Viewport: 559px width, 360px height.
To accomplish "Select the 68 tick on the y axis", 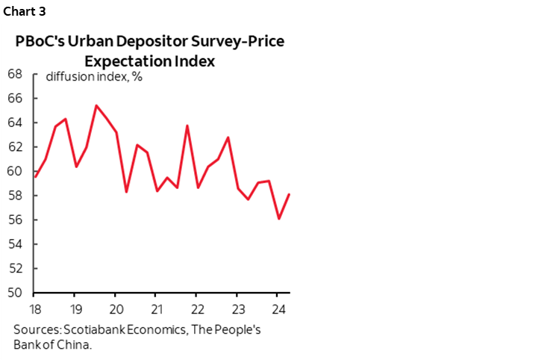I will (x=14, y=74).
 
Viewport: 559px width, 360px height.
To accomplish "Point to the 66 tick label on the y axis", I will (x=14, y=99).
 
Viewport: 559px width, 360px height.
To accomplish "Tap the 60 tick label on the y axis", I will (x=14, y=172).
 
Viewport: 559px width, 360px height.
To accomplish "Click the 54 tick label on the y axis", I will (x=14, y=244).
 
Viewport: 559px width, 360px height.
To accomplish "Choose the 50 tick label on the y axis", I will (x=14, y=293).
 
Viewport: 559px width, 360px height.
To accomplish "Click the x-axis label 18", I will (x=36, y=310).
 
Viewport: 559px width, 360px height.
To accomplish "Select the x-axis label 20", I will (x=116, y=310).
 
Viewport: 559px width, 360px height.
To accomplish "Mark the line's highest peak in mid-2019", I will (x=96, y=105).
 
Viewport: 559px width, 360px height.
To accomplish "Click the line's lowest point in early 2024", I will (x=278, y=219).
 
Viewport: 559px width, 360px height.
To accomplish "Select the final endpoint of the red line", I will (x=289, y=194).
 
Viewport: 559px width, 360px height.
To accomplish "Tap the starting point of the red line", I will (x=36, y=177).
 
